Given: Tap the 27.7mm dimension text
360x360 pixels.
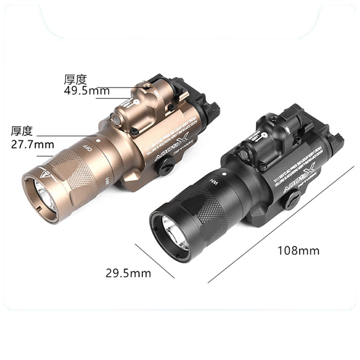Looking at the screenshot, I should pyautogui.click(x=32, y=144).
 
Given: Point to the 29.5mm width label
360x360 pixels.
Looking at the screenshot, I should pyautogui.click(x=128, y=273).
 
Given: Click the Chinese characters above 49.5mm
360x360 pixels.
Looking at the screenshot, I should pyautogui.click(x=75, y=80).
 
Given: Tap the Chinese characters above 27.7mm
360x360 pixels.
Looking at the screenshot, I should pyautogui.click(x=22, y=131).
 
